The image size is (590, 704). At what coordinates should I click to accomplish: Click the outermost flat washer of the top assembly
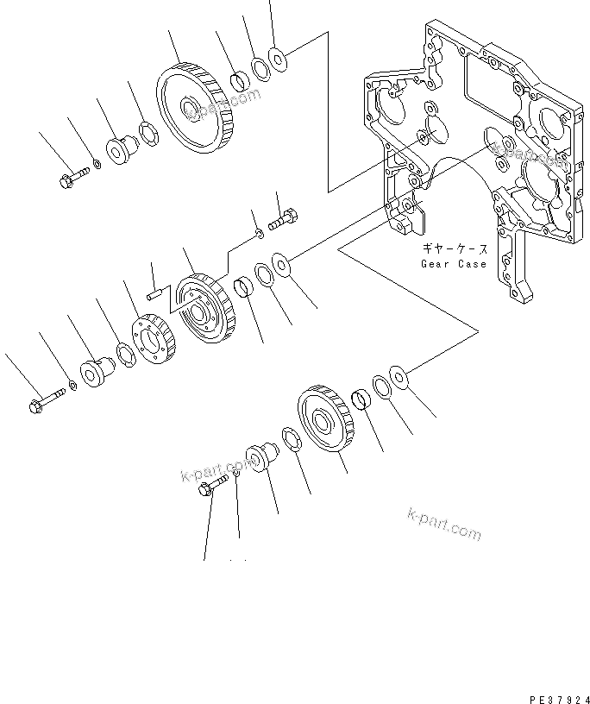point(279,58)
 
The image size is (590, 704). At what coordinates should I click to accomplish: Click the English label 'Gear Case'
point(454,263)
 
